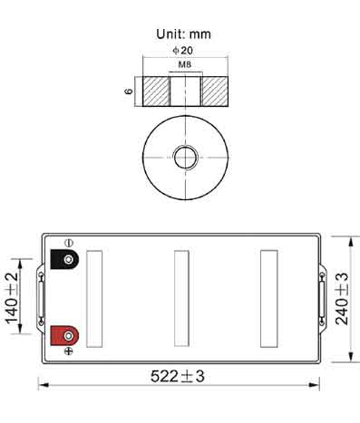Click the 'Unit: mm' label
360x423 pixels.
(x=183, y=34)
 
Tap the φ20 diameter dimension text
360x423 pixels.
(x=183, y=51)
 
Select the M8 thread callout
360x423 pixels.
(x=185, y=64)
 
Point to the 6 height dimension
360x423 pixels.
(x=129, y=91)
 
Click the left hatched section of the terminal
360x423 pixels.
(x=156, y=91)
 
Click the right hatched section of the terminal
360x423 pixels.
(x=215, y=91)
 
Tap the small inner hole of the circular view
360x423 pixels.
(x=186, y=158)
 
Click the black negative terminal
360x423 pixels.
(x=64, y=259)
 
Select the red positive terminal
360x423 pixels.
(x=64, y=335)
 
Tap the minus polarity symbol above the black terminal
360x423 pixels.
(x=69, y=243)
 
